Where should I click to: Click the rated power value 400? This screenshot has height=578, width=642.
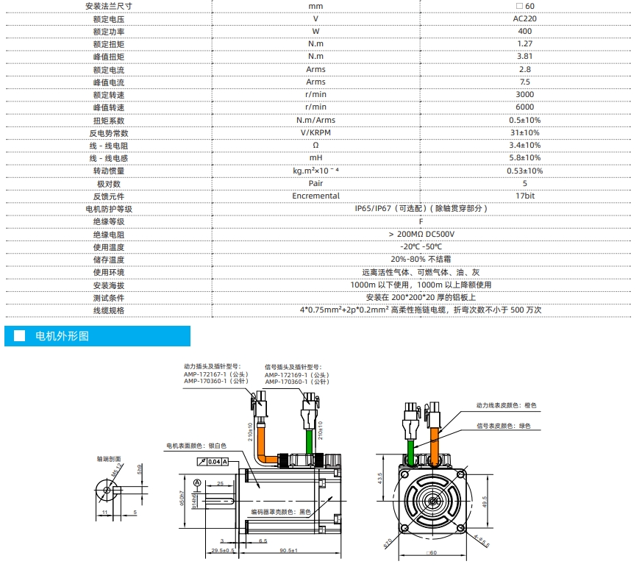(x=524, y=31)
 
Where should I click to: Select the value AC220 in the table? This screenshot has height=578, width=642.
(x=524, y=18)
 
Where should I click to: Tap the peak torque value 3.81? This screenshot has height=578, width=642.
(x=524, y=56)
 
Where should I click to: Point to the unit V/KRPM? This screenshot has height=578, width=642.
(x=315, y=132)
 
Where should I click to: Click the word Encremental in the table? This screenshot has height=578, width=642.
(x=315, y=196)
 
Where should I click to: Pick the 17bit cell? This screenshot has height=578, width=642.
(x=525, y=196)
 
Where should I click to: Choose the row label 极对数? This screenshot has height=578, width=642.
(x=109, y=184)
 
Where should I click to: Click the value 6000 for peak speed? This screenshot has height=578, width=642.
(x=524, y=107)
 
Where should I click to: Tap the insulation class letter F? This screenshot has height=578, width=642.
(x=421, y=221)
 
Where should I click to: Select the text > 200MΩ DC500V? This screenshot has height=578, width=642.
(x=421, y=234)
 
